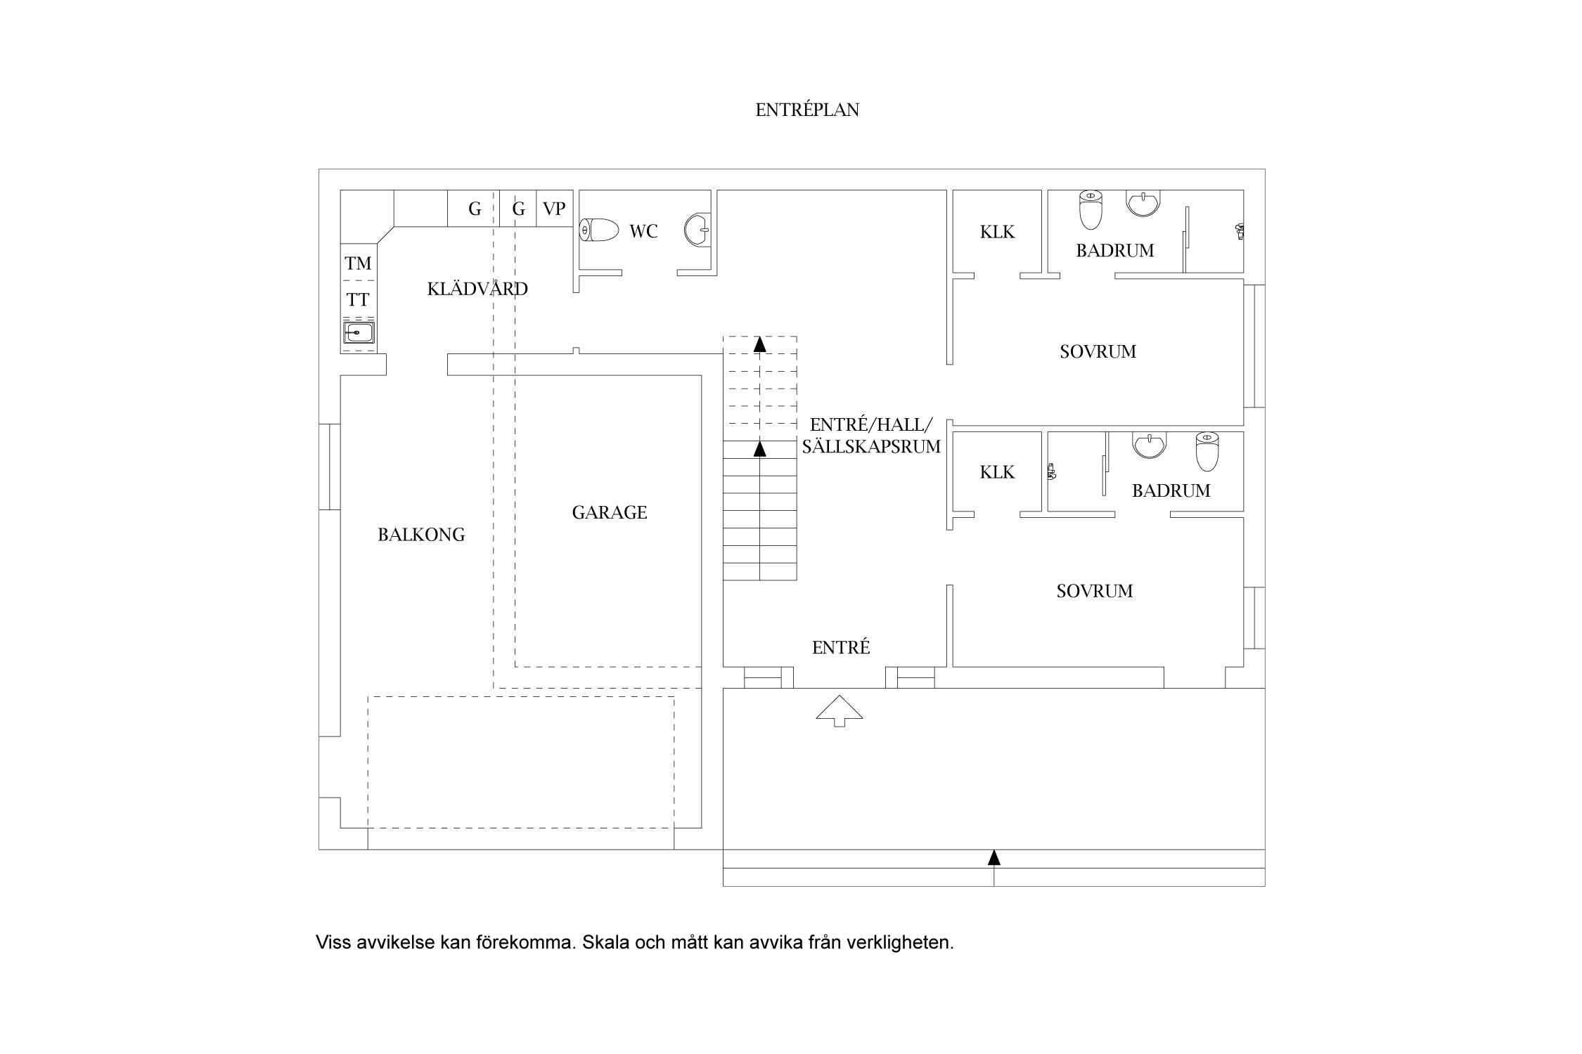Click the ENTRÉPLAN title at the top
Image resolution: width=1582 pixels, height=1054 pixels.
click(x=807, y=110)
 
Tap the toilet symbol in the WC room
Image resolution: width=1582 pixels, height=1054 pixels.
click(x=599, y=230)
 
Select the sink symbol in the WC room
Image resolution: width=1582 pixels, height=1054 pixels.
click(x=697, y=230)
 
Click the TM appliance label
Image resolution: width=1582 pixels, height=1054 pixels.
click(x=358, y=263)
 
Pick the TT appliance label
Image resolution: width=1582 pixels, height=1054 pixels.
click(x=358, y=300)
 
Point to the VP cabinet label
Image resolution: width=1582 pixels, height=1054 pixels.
click(x=554, y=209)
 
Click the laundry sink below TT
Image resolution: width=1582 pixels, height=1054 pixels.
click(x=359, y=332)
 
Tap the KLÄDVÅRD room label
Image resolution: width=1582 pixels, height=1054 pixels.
click(x=477, y=289)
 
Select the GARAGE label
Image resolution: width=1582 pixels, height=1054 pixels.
click(x=609, y=512)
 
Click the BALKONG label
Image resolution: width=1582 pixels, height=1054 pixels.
click(x=421, y=535)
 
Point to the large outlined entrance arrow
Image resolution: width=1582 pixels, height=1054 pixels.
click(x=839, y=710)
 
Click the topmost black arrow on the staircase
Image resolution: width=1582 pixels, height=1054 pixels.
click(x=759, y=344)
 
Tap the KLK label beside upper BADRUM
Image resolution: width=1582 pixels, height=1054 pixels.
click(x=997, y=232)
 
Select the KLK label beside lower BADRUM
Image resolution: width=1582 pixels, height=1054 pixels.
click(x=997, y=472)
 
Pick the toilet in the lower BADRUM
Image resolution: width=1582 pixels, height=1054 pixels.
click(x=1207, y=451)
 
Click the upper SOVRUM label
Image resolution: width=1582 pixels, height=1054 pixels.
click(x=1098, y=351)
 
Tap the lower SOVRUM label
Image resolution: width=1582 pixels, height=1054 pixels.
click(x=1094, y=591)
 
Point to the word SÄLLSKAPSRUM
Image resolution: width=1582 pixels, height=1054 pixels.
click(x=870, y=446)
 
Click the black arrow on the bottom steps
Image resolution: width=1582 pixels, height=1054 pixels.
click(x=993, y=857)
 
